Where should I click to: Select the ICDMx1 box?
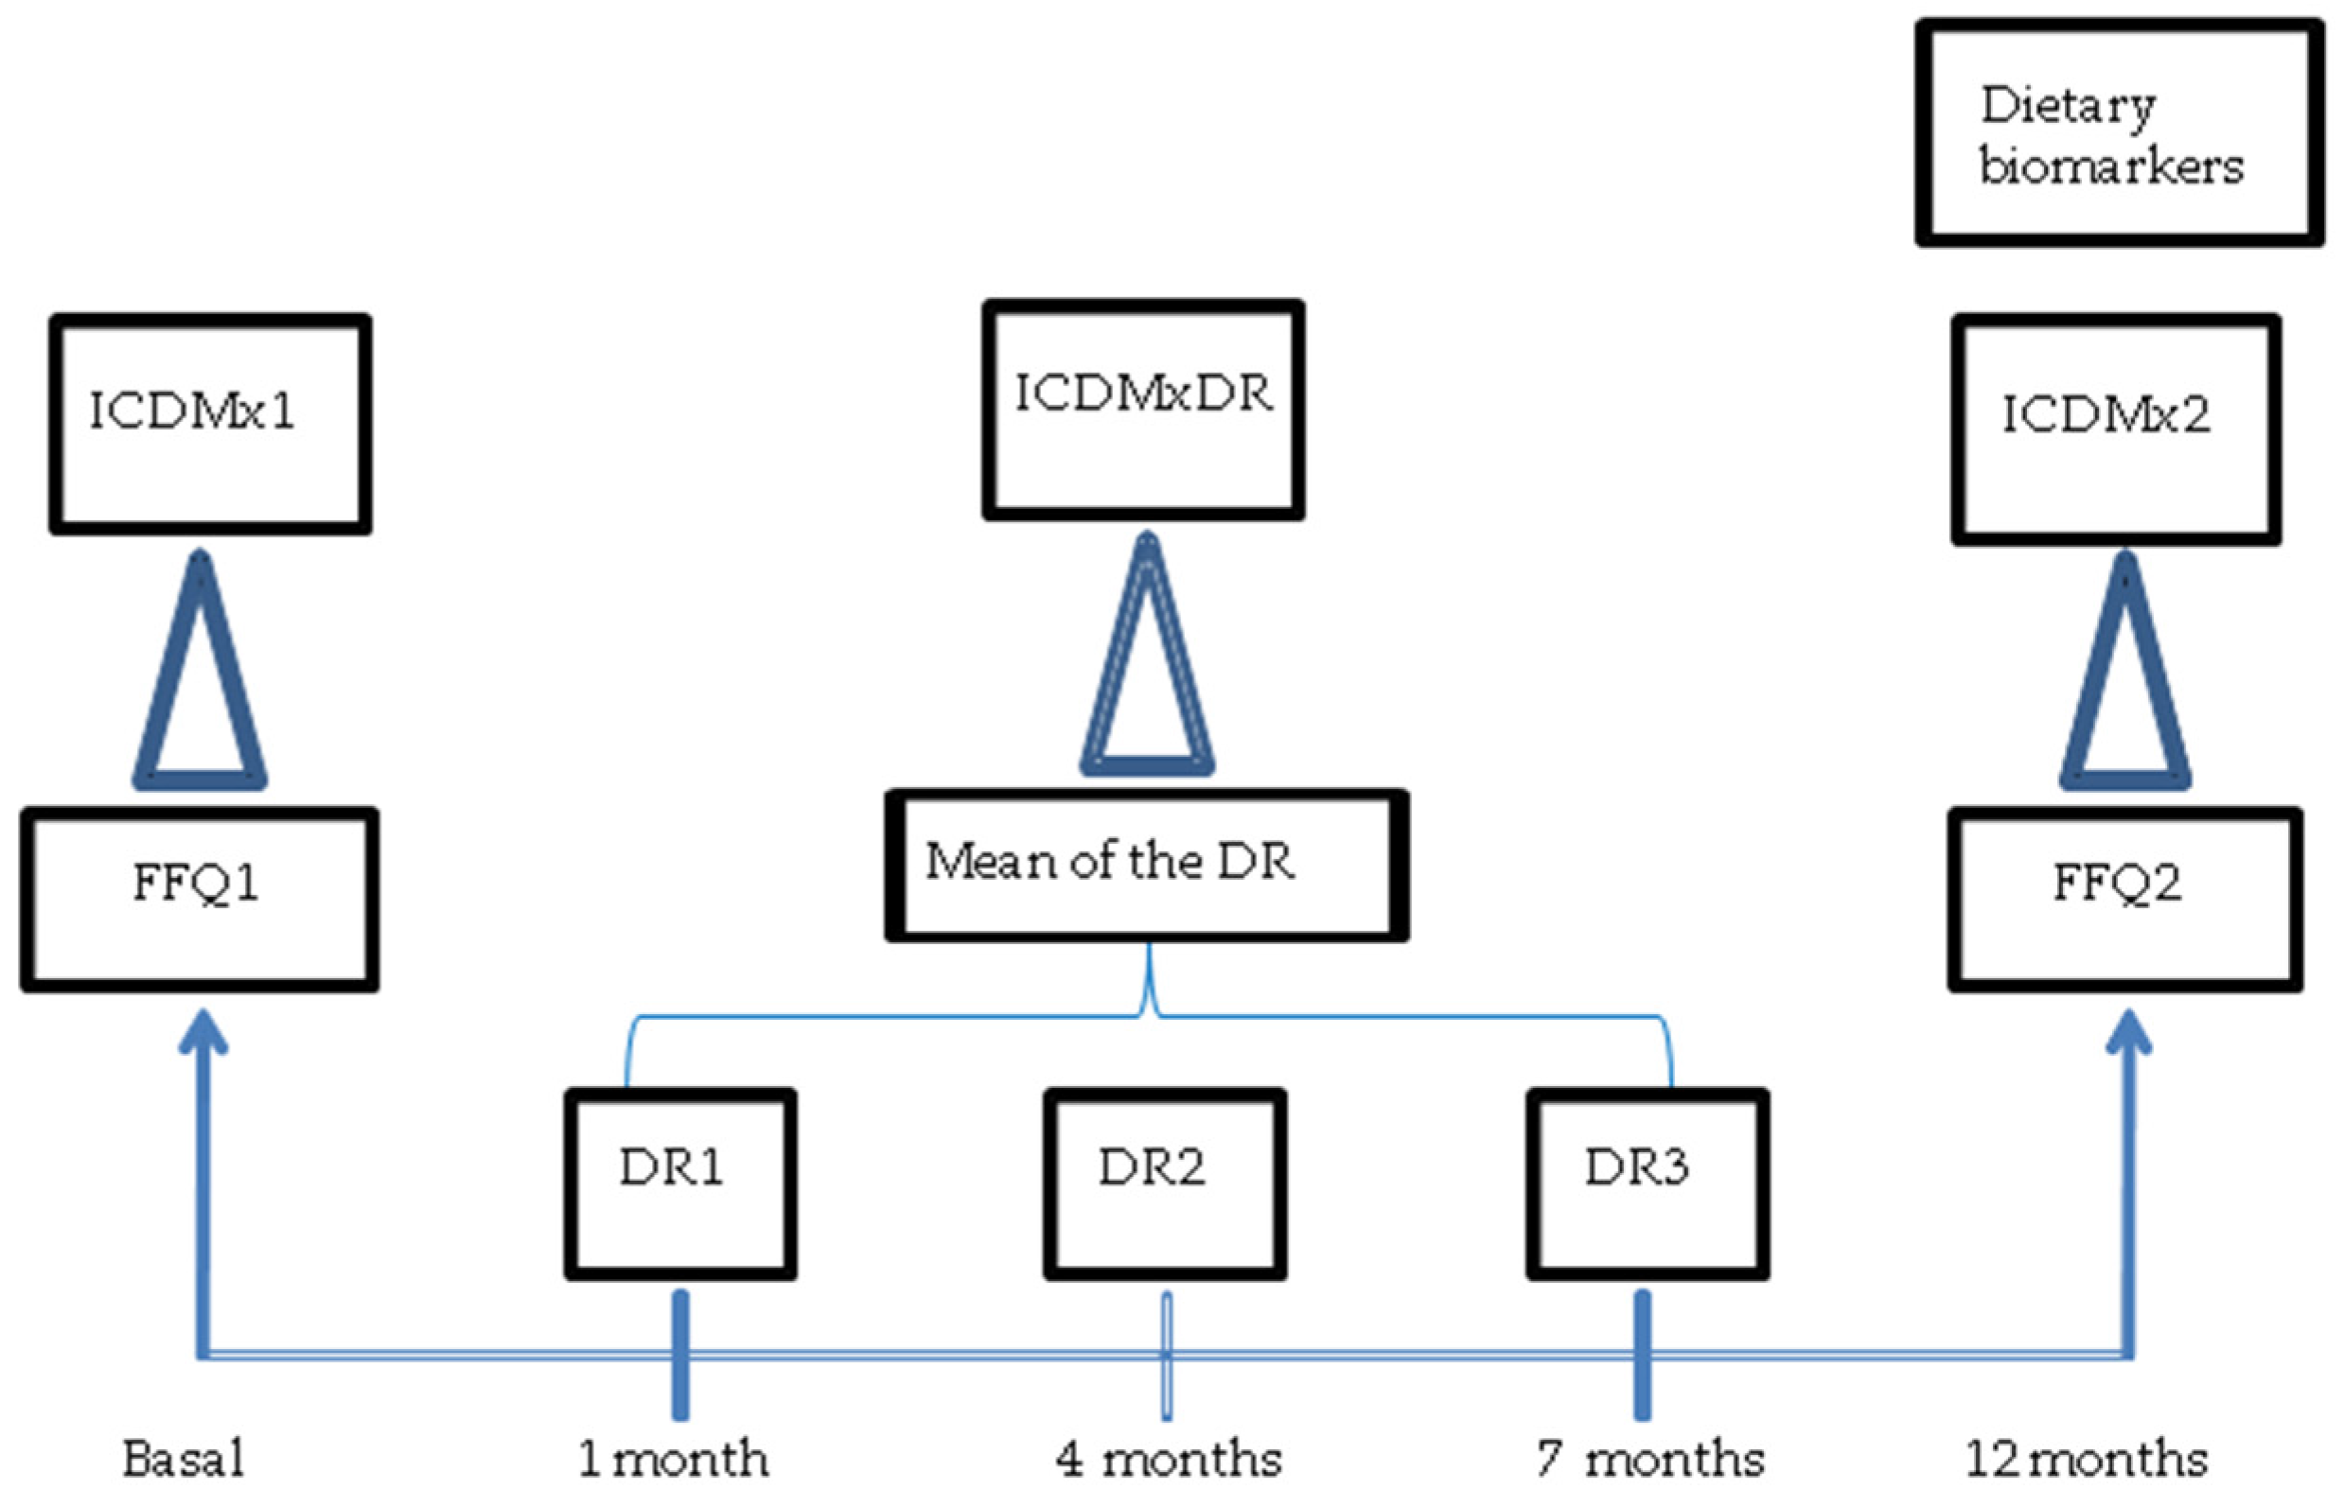(x=210, y=424)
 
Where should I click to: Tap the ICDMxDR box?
(x=1143, y=409)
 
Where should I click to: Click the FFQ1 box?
(x=200, y=899)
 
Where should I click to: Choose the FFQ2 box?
(x=2124, y=899)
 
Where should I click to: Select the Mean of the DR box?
(x=1147, y=865)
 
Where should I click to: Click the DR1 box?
(x=680, y=1183)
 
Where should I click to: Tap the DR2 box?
(x=1165, y=1183)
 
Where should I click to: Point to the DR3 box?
(x=1648, y=1183)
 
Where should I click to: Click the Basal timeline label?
(x=184, y=1459)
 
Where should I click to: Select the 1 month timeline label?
(x=674, y=1459)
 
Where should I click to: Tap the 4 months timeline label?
(x=1169, y=1459)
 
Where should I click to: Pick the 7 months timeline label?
(x=1650, y=1459)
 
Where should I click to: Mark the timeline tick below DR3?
(x=1642, y=1356)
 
